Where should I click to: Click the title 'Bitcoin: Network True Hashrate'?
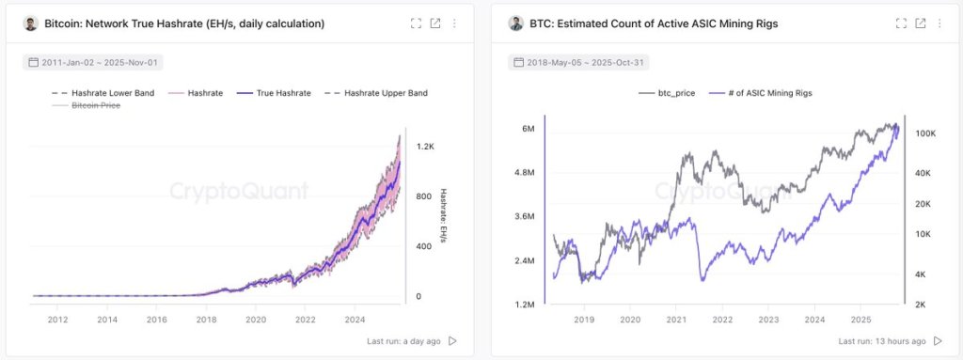tap(184, 23)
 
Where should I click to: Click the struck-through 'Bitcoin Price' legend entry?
tap(89, 106)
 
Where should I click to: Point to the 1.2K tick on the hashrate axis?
tap(425, 148)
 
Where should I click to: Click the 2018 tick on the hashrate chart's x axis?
tap(206, 320)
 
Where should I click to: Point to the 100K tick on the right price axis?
tap(924, 134)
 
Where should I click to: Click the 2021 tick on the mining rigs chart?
tap(677, 320)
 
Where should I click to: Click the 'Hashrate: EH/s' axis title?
tap(442, 219)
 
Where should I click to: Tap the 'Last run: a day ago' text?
tap(403, 341)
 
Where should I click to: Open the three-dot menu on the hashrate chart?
tap(455, 23)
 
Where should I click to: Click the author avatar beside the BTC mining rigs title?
tap(515, 23)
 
